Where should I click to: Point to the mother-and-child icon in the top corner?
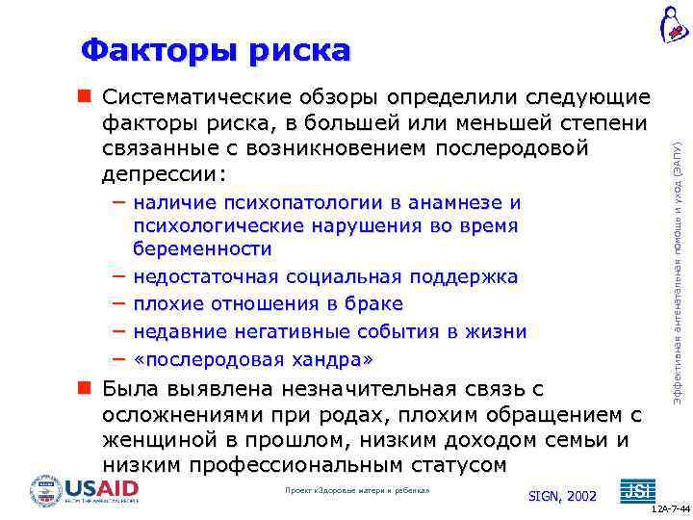674,23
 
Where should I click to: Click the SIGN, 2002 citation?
563,496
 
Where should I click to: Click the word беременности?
202,249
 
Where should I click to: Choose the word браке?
374,304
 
